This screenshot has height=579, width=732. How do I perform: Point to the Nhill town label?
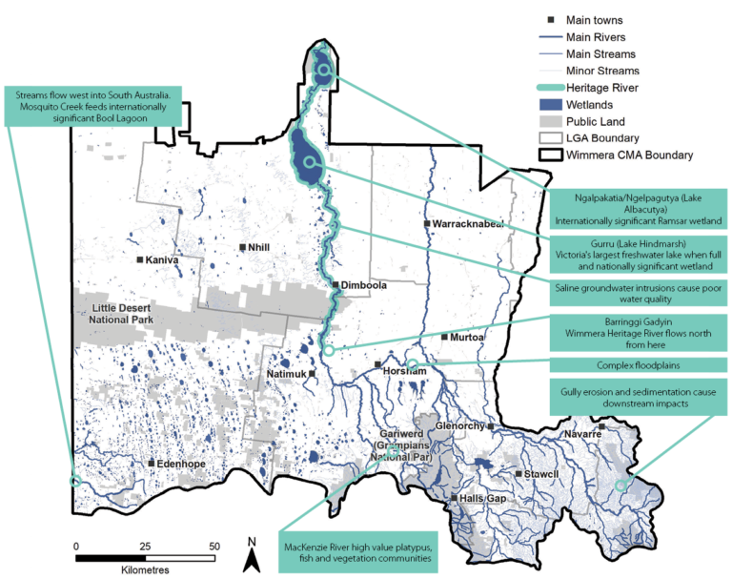(x=259, y=248)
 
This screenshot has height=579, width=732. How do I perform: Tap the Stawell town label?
(x=540, y=474)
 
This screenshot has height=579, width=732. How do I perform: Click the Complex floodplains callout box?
(x=631, y=365)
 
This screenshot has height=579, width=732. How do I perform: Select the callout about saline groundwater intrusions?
(x=631, y=291)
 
